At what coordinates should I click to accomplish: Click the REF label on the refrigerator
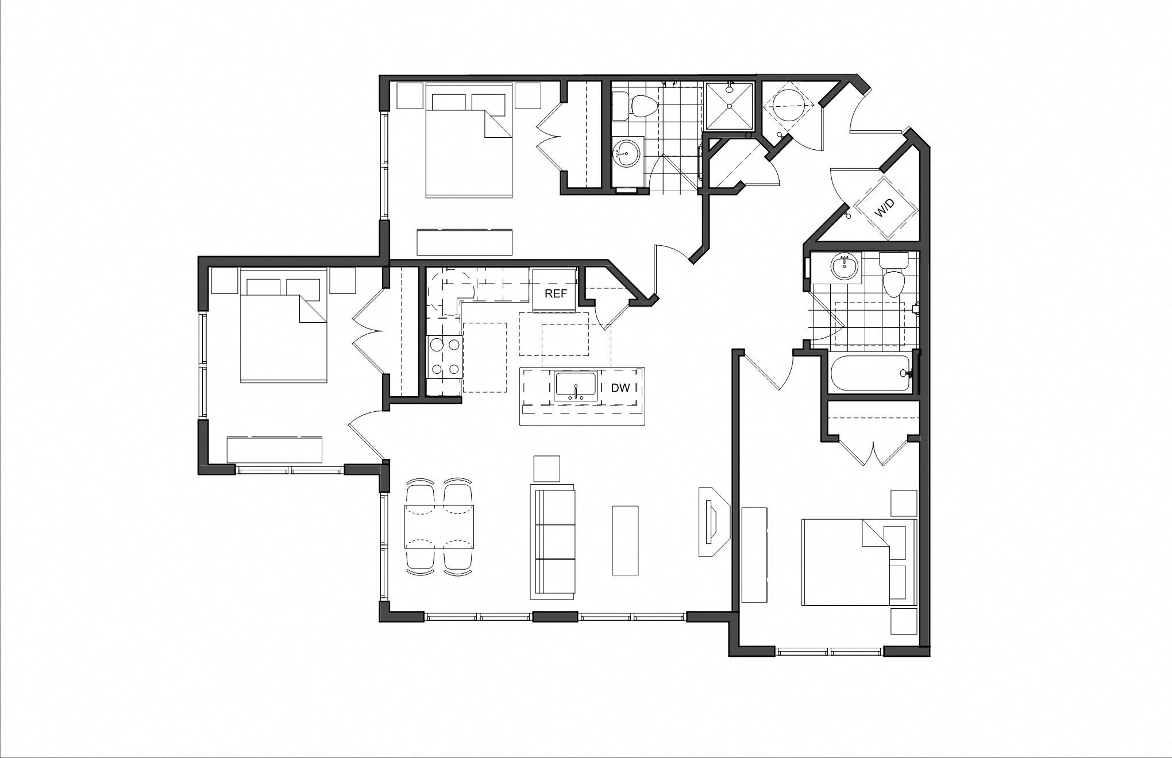(x=556, y=293)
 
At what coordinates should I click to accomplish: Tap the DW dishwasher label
(x=620, y=388)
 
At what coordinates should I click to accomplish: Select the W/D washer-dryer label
(x=885, y=208)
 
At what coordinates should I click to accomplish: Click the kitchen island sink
(x=575, y=386)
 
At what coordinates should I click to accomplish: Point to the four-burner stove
(x=444, y=357)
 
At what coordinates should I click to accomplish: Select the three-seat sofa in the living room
(x=553, y=542)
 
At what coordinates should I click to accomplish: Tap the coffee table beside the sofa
(x=625, y=540)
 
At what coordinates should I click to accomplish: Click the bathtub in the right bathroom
(x=870, y=373)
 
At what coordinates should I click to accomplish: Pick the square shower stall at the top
(x=728, y=106)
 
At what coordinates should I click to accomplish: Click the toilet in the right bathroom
(x=893, y=279)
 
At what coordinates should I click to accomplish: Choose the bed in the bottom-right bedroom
(x=858, y=562)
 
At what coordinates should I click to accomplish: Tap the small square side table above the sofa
(x=547, y=469)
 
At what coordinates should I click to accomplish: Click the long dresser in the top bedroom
(x=464, y=242)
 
